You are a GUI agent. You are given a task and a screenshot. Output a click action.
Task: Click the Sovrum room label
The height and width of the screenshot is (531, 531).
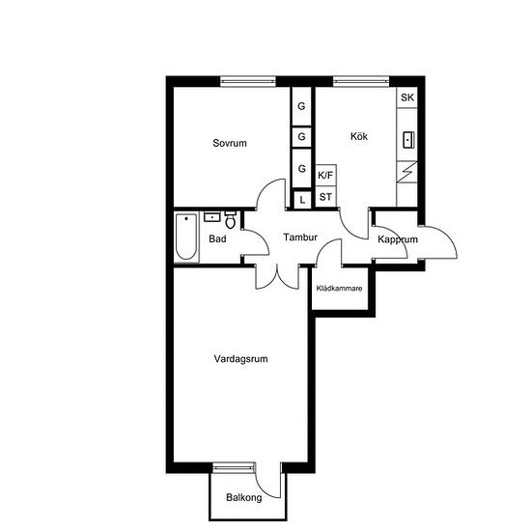[230, 143]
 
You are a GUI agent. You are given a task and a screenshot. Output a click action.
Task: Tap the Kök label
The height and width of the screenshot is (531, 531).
[359, 136]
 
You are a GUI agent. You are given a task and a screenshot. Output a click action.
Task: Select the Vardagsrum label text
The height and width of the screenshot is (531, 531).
[240, 359]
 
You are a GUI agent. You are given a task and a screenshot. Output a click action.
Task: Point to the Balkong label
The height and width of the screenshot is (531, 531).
[244, 497]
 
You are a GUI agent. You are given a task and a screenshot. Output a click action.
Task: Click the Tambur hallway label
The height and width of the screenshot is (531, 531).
[300, 238]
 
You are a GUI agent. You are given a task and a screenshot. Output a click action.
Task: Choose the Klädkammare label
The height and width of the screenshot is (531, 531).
[339, 289]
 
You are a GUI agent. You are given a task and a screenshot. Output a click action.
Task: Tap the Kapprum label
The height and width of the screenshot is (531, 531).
[398, 239]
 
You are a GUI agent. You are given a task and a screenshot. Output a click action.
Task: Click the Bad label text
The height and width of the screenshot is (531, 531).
[217, 238]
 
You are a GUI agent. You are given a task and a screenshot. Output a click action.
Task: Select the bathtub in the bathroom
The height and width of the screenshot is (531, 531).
[186, 238]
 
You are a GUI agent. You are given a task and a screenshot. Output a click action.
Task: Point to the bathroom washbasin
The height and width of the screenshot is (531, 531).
[212, 216]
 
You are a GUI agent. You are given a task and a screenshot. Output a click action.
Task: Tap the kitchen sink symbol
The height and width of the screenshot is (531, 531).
[408, 140]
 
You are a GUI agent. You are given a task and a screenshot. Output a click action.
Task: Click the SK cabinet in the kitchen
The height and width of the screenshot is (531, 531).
[407, 98]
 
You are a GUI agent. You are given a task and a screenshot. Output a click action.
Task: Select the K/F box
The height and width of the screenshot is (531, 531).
[325, 175]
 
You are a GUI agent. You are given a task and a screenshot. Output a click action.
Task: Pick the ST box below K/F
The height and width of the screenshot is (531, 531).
[325, 196]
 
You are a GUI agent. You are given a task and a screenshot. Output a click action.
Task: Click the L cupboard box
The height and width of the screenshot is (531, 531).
[302, 200]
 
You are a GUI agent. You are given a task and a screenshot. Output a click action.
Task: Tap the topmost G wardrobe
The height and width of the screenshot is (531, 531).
[301, 106]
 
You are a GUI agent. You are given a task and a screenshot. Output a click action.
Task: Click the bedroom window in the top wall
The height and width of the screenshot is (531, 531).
[248, 81]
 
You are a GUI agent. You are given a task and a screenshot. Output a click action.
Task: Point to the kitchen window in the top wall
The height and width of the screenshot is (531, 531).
[361, 81]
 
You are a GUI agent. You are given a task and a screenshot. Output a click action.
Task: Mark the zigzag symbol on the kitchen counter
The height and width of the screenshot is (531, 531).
[406, 172]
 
